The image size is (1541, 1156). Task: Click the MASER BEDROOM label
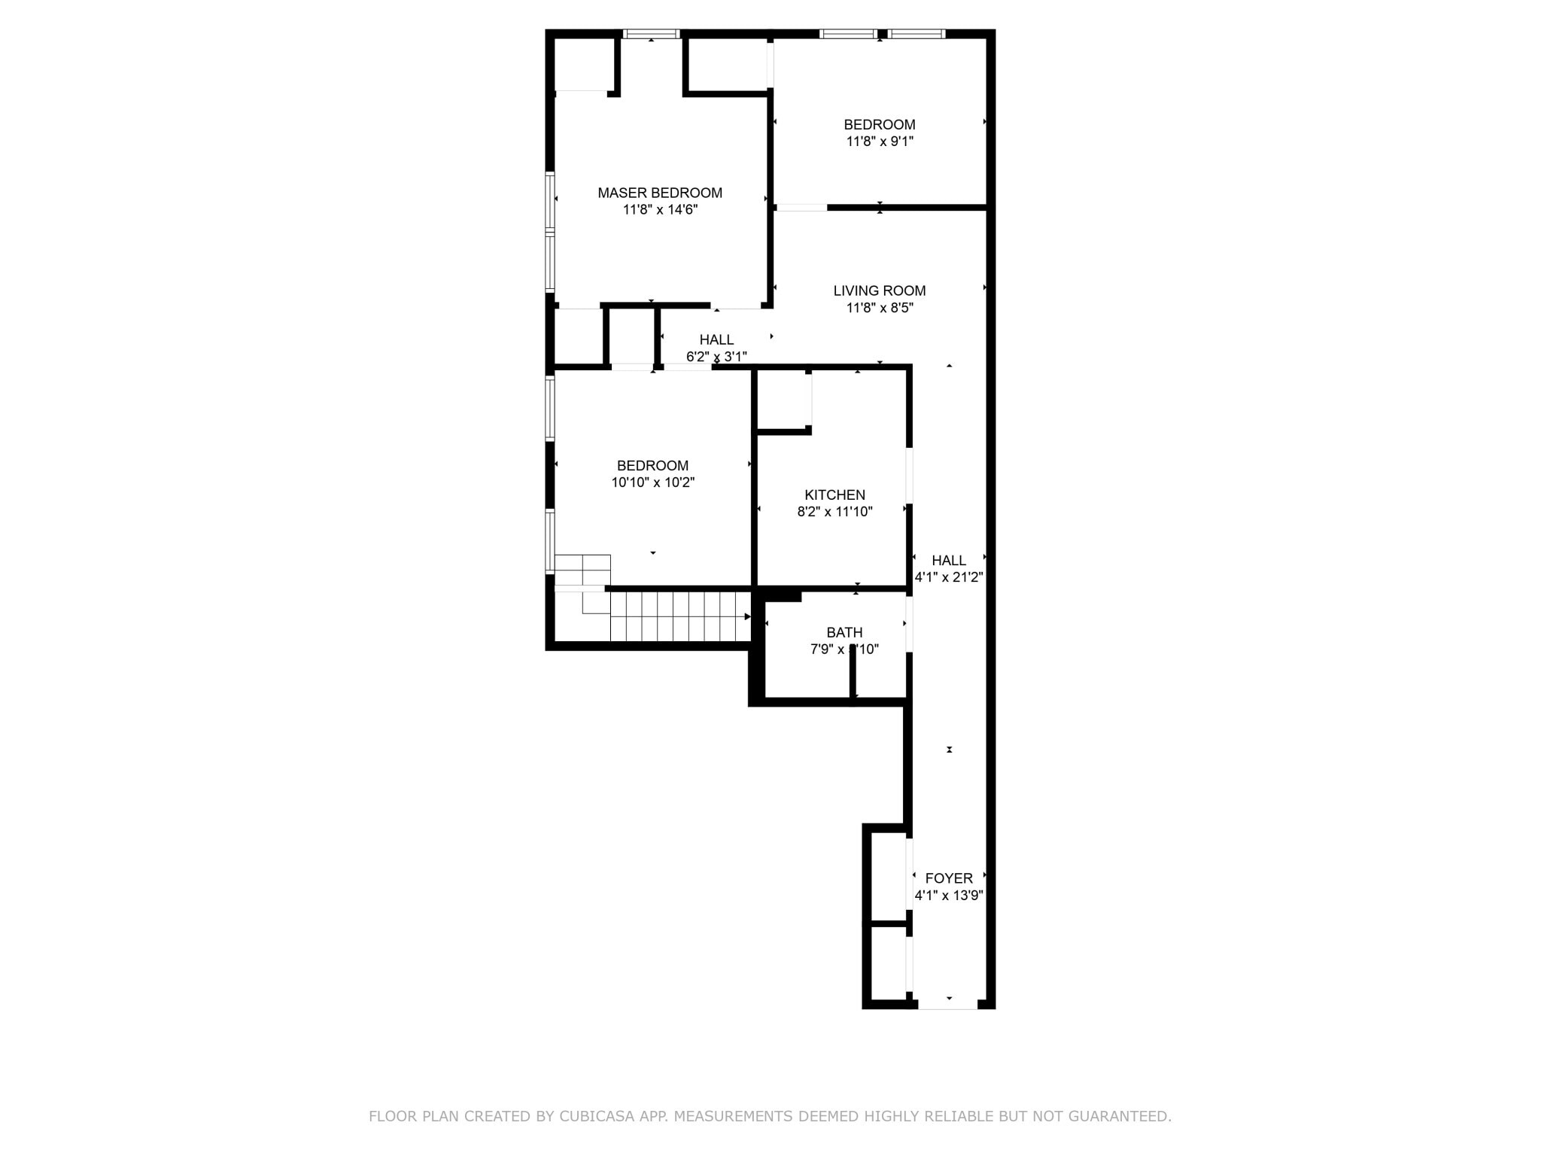point(660,193)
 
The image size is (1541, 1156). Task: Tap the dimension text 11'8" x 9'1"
point(880,141)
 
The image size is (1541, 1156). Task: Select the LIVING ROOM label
point(880,291)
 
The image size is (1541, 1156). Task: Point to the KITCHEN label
point(834,494)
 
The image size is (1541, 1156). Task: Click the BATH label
point(844,632)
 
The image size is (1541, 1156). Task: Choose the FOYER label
point(949,878)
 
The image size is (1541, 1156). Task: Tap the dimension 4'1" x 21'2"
point(949,577)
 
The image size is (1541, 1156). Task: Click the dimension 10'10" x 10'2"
point(652,482)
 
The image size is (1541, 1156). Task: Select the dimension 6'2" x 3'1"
point(716,356)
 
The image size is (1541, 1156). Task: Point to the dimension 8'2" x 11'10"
point(834,512)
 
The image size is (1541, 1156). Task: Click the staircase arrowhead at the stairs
point(747,617)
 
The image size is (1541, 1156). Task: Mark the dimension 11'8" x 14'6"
point(660,210)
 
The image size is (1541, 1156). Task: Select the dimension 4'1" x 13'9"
point(949,896)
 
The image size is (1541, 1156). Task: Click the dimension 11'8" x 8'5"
point(880,308)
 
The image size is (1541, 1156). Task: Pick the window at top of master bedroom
point(652,34)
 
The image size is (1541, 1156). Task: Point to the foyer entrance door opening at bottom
point(947,1005)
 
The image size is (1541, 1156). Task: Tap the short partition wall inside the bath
point(853,672)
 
